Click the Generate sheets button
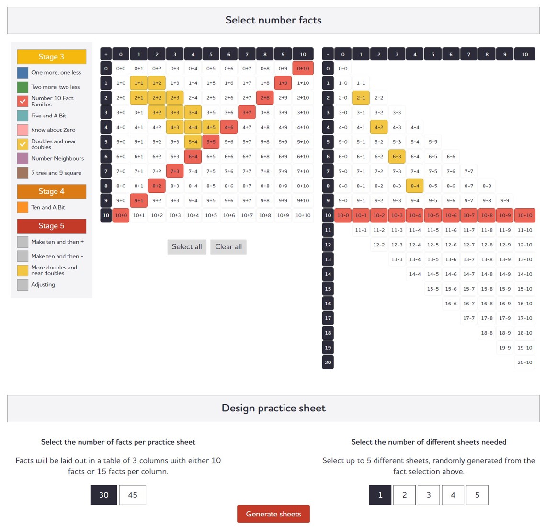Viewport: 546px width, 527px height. pyautogui.click(x=273, y=514)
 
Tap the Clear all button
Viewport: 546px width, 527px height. pyautogui.click(x=228, y=247)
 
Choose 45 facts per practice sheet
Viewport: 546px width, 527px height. pyautogui.click(x=132, y=495)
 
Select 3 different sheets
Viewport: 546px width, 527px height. pyautogui.click(x=429, y=495)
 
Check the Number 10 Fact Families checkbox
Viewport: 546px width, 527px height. pyautogui.click(x=23, y=101)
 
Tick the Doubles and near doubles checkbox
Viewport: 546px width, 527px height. pyautogui.click(x=23, y=144)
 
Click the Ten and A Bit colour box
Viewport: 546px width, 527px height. pyautogui.click(x=23, y=207)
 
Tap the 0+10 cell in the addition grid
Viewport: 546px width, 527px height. pyautogui.click(x=303, y=68)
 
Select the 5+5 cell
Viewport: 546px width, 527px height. pyautogui.click(x=211, y=142)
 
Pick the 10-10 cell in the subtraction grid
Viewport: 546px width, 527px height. pyautogui.click(x=525, y=215)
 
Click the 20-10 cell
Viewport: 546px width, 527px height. pyautogui.click(x=525, y=363)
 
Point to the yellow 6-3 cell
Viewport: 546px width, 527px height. pyautogui.click(x=397, y=156)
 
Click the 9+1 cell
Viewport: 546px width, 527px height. pyautogui.click(x=138, y=201)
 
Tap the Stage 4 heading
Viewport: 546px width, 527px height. pyautogui.click(x=52, y=191)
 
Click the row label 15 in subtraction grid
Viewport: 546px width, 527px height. pyautogui.click(x=328, y=289)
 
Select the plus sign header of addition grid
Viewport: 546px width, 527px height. pyautogui.click(x=106, y=54)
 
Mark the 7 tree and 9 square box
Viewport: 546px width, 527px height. pyautogui.click(x=23, y=173)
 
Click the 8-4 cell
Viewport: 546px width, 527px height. pyautogui.click(x=415, y=186)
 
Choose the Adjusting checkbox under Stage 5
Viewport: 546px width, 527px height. pyautogui.click(x=23, y=285)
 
